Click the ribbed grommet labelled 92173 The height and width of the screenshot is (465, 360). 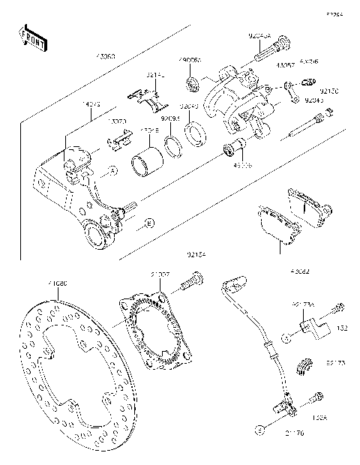pos(304,365)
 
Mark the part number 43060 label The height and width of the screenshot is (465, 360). pos(106,57)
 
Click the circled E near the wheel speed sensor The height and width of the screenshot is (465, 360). pos(260,430)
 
